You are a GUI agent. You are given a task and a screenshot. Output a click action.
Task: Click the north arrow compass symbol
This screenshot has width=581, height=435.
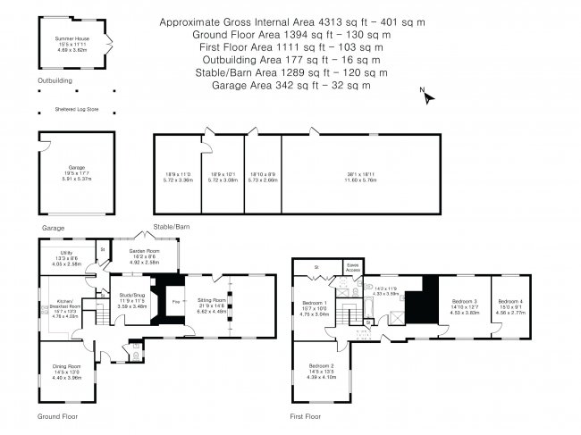427,96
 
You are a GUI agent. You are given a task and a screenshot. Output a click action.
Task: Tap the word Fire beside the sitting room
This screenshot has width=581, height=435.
175,302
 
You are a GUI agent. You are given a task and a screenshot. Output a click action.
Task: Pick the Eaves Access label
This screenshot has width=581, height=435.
352,267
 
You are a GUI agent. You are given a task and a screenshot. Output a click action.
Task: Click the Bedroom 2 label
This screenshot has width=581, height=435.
322,366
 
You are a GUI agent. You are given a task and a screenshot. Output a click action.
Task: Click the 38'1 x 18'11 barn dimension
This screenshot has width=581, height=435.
361,176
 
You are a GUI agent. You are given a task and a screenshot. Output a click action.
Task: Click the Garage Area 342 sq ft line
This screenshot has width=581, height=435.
290,86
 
